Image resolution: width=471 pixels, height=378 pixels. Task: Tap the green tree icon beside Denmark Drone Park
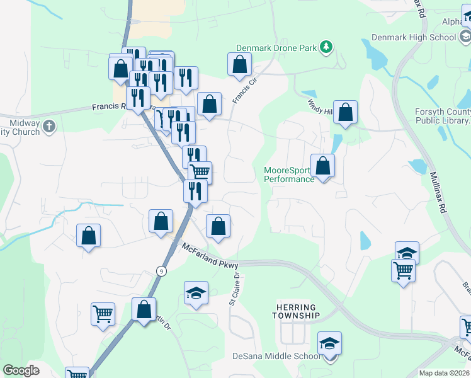[x=326, y=47]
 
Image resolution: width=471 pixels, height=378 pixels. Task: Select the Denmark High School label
[x=413, y=37]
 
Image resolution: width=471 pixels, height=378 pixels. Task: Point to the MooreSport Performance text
[x=289, y=175]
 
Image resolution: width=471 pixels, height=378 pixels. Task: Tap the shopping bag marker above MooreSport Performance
[x=322, y=166]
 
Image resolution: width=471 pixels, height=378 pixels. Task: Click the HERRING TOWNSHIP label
[x=297, y=311]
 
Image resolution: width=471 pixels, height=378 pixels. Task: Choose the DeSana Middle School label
[x=276, y=357]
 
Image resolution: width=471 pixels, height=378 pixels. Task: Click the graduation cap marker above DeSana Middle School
[x=329, y=343]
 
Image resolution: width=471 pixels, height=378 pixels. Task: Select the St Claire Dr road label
[x=235, y=287]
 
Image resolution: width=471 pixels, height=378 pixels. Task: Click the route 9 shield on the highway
[x=162, y=270]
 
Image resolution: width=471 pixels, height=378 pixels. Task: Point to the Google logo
[x=21, y=370]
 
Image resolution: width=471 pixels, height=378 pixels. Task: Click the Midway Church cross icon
[x=49, y=127]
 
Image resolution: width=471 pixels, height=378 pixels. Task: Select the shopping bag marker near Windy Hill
[x=345, y=113]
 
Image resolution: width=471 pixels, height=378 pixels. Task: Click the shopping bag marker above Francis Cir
[x=239, y=64]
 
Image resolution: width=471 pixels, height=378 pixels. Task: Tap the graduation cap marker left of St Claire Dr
[x=196, y=294]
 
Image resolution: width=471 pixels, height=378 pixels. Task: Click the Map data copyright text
[x=445, y=373]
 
